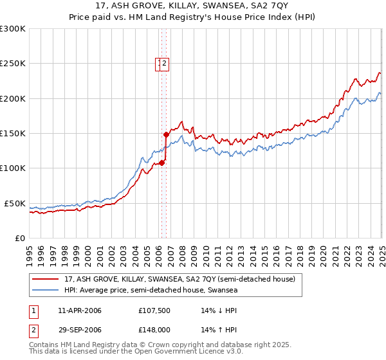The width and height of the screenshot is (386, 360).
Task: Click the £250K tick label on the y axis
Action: [13, 64]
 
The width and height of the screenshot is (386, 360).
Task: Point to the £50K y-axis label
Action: [15, 203]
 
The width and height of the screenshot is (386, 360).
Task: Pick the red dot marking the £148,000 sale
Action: [166, 135]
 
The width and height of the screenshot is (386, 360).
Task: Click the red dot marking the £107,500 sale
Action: [161, 163]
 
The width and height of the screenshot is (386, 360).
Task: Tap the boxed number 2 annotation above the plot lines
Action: [165, 63]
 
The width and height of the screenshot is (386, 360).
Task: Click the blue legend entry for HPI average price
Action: [151, 290]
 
